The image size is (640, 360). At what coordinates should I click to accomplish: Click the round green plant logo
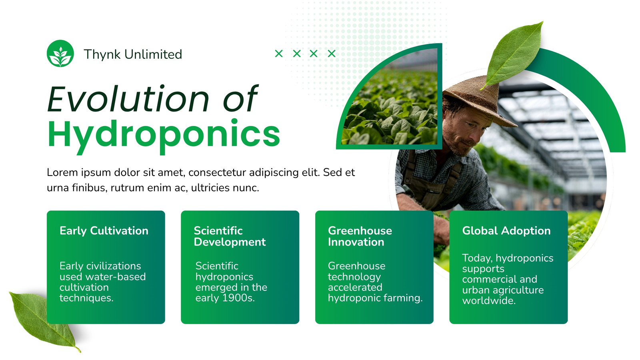tap(60, 54)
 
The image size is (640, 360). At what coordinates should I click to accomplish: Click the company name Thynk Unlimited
tap(133, 54)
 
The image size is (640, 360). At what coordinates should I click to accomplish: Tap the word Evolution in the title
tap(128, 99)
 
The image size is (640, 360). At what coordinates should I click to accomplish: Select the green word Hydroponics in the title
tap(164, 135)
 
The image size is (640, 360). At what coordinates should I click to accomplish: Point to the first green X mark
tap(279, 54)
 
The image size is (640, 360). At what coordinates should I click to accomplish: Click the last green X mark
tap(332, 54)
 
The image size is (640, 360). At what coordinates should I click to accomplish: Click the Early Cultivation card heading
tap(104, 231)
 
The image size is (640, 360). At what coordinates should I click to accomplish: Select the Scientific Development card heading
tap(230, 236)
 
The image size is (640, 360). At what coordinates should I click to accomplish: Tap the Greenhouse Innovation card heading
tap(360, 236)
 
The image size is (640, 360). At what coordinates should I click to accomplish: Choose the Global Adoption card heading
tap(506, 231)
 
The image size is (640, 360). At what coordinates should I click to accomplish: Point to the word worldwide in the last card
tap(489, 300)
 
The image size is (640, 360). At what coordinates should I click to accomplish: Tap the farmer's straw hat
tap(480, 100)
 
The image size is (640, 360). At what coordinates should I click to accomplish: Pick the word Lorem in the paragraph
tap(62, 172)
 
